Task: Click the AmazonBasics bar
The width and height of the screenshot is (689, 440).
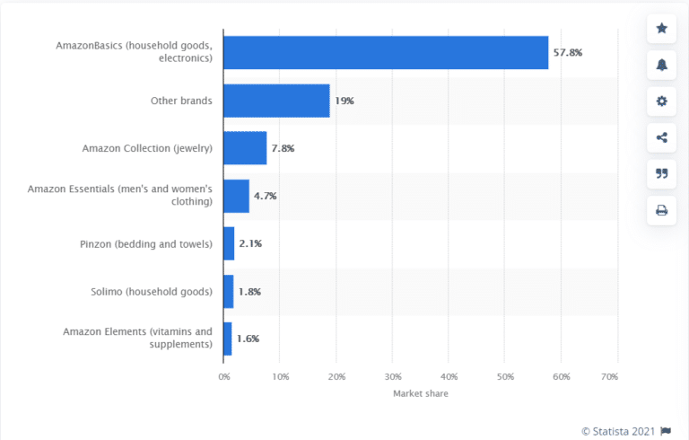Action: point(385,53)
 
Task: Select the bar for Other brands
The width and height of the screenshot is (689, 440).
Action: point(276,101)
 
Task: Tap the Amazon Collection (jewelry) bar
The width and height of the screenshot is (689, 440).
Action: point(244,148)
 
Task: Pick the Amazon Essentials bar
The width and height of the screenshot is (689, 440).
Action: point(235,196)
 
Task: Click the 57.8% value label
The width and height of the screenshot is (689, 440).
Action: point(568,53)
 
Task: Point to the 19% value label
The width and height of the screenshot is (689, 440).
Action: point(344,101)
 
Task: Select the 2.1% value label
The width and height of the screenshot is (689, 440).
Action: point(250,243)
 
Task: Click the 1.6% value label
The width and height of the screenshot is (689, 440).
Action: point(248,339)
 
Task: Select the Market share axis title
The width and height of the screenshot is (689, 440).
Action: point(420,394)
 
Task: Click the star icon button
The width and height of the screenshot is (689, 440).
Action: point(661,28)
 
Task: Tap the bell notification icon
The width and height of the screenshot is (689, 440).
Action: point(661,65)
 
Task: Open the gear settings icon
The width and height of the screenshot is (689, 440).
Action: point(661,101)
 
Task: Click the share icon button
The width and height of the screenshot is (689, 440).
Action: point(661,137)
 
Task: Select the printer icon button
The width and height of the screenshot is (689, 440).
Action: point(661,210)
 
